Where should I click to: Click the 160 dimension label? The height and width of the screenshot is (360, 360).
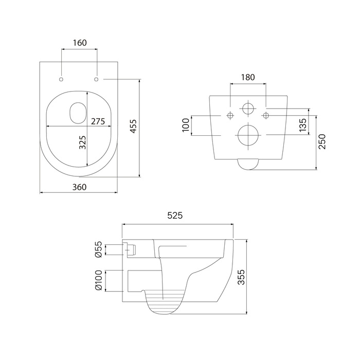coord(80,43)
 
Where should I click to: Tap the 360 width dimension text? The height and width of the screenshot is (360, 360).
coord(79,187)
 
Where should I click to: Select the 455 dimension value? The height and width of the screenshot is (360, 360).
coord(133,126)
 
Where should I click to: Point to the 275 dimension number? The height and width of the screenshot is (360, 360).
coord(98,121)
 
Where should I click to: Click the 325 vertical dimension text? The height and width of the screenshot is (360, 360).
coord(82,142)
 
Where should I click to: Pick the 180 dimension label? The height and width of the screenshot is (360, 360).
coord(248,77)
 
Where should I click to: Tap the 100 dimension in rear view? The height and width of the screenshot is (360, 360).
coord(186,125)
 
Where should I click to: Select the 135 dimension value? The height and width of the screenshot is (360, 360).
coord(303,125)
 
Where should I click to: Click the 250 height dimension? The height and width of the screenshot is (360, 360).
coord(322,141)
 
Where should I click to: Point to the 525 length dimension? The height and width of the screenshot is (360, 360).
coord(175,215)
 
